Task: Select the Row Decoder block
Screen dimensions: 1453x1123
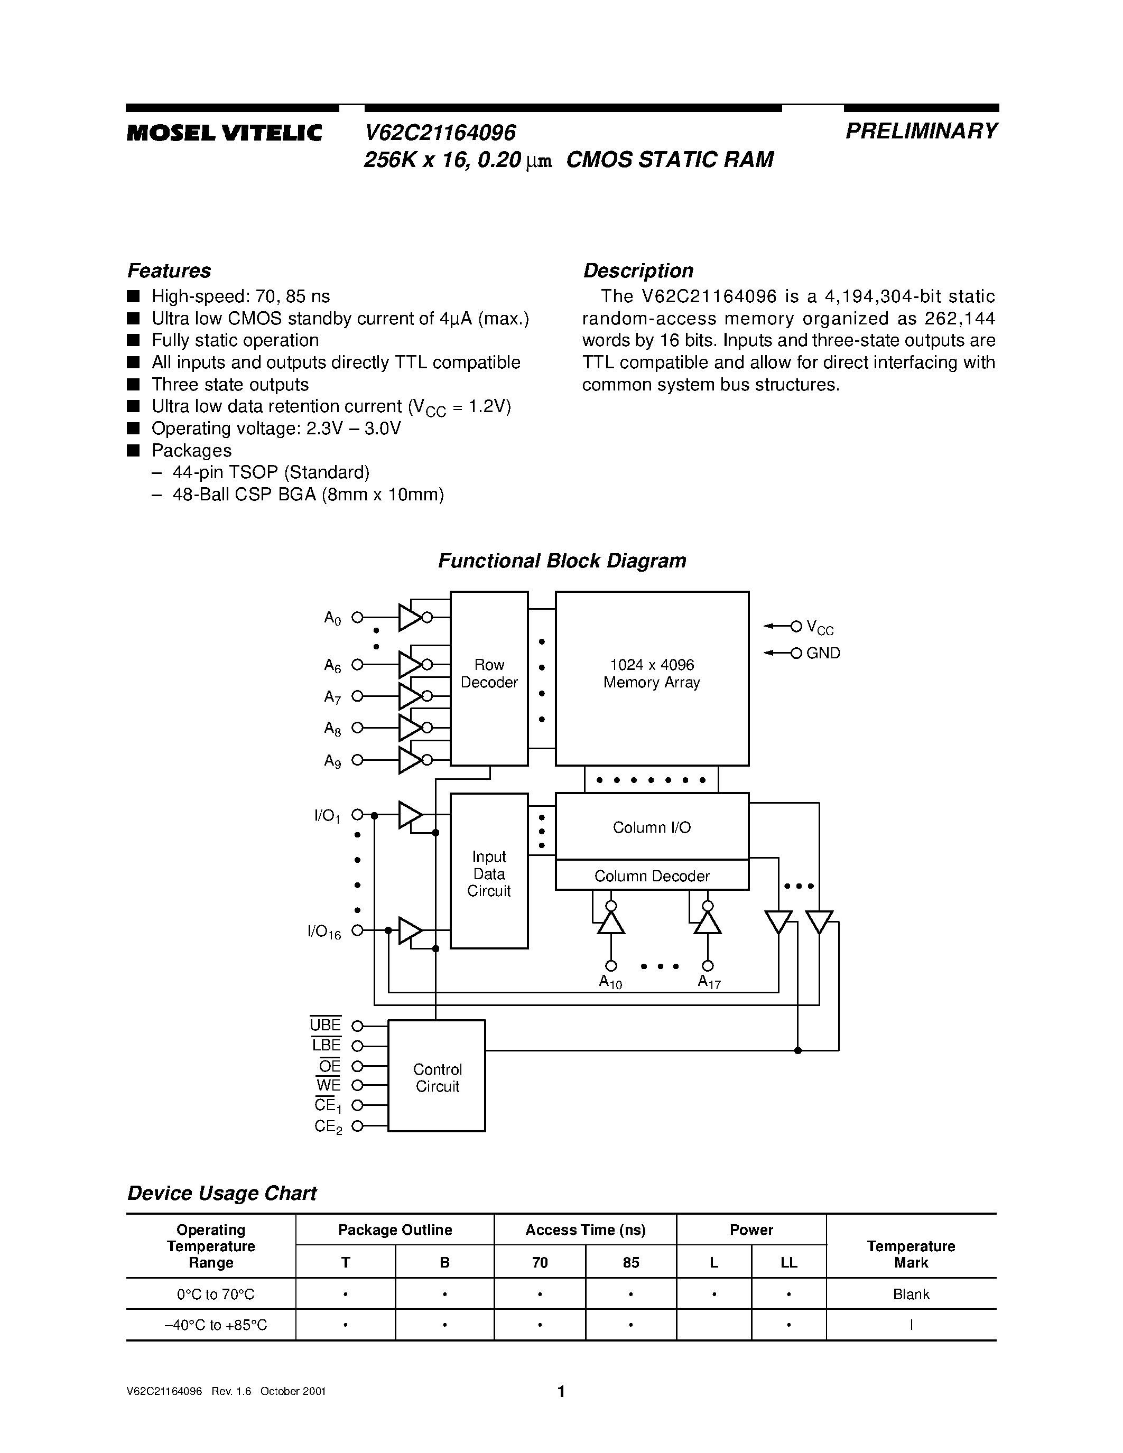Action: tap(489, 678)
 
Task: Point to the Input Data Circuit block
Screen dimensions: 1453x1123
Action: tap(489, 873)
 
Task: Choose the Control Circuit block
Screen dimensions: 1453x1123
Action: tap(437, 1077)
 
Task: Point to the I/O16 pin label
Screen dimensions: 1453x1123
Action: tap(324, 932)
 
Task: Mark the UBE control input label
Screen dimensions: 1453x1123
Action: tap(326, 1025)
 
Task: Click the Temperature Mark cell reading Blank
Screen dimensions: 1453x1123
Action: tap(911, 1294)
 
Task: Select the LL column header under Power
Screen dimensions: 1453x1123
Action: tap(788, 1262)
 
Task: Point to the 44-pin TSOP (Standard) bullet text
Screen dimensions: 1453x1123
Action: tap(271, 472)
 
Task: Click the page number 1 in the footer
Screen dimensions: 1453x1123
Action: tap(561, 1391)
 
